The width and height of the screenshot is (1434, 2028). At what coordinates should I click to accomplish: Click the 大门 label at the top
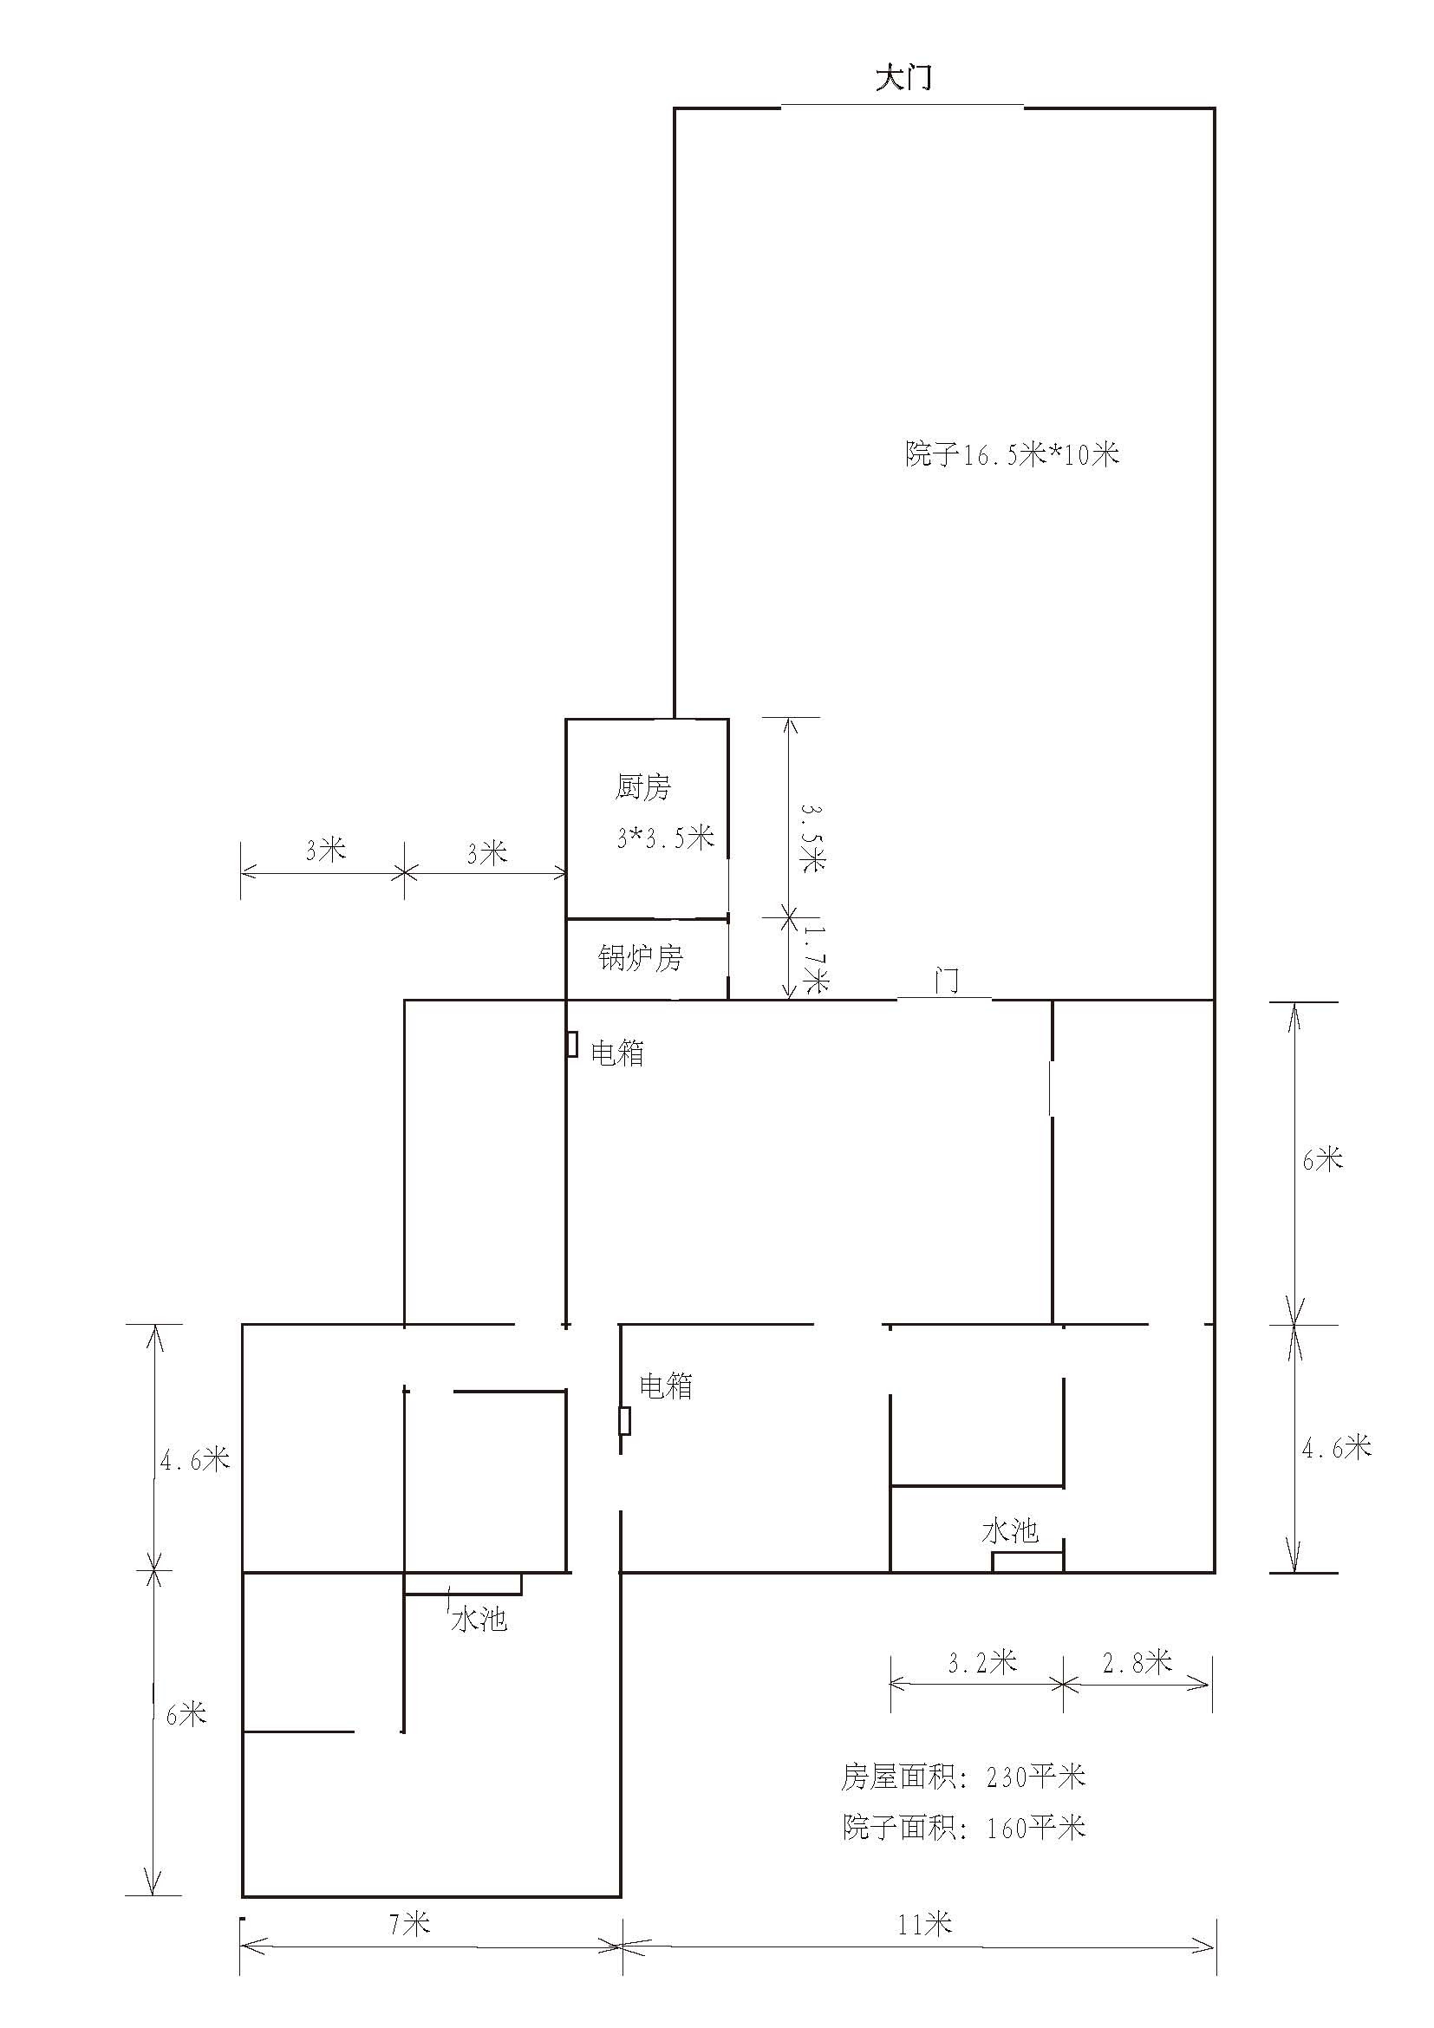903,78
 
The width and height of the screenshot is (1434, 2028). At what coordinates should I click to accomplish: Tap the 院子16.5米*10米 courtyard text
1012,454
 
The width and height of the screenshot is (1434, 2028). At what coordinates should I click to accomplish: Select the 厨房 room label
642,786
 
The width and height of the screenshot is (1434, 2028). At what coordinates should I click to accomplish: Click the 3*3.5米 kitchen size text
666,837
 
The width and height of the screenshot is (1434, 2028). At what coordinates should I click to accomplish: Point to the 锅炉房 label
641,957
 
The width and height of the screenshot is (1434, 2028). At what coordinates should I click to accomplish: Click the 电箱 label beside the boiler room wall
617,1053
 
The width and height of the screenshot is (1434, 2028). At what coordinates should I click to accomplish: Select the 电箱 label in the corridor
666,1386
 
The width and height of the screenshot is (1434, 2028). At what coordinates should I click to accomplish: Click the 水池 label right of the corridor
1010,1530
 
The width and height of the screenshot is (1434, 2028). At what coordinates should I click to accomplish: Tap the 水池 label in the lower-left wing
479,1619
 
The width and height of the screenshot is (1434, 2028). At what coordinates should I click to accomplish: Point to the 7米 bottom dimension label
410,1923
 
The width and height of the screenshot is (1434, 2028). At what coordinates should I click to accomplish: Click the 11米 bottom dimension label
925,1923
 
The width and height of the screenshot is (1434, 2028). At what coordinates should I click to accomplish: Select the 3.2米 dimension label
983,1662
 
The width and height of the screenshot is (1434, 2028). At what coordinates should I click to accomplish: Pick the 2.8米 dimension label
1137,1662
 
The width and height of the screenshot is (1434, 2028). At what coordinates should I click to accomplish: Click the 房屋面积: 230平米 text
963,1777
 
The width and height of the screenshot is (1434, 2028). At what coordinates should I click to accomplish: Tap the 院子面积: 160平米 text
963,1828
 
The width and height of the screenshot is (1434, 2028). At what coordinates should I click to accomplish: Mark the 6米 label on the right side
1323,1159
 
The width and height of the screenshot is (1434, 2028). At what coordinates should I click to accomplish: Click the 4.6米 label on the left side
195,1460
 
